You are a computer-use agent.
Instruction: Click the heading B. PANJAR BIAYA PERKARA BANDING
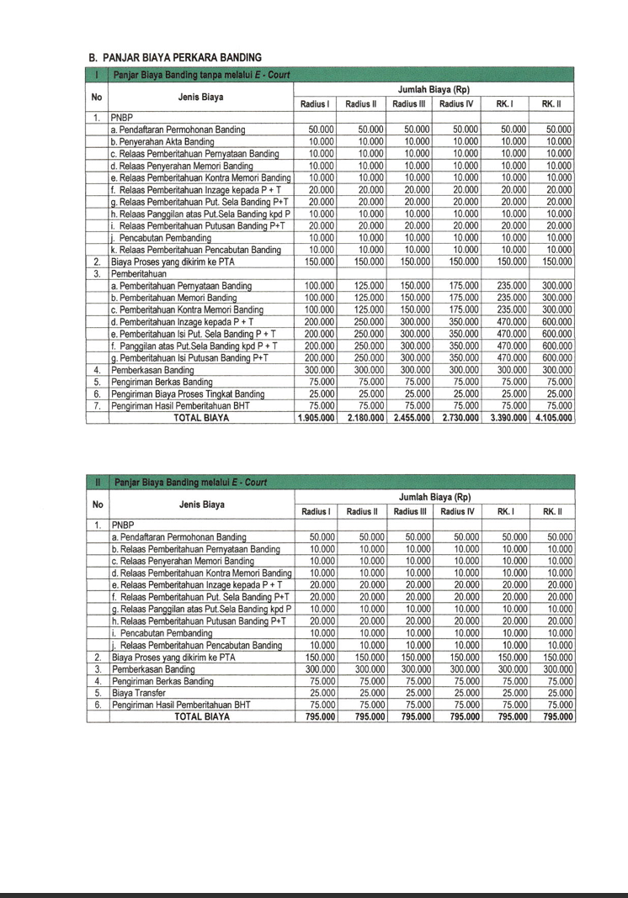tap(169, 57)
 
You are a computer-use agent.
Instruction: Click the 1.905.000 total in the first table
tap(315, 416)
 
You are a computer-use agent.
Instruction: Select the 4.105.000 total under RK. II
tap(554, 416)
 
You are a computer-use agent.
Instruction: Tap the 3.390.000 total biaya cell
tap(506, 416)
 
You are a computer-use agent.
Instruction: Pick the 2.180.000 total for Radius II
tap(363, 416)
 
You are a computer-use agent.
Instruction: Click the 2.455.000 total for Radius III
tap(410, 416)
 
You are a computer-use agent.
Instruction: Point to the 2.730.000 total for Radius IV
tap(458, 416)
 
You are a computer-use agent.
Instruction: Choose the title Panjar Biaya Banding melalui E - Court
tap(190, 482)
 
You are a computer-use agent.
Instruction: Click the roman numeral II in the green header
tap(98, 482)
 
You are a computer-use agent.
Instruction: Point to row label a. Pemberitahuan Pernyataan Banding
tap(181, 286)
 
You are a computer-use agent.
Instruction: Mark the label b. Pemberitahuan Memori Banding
tap(173, 298)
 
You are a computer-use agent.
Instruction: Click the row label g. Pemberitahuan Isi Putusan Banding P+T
tap(189, 357)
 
